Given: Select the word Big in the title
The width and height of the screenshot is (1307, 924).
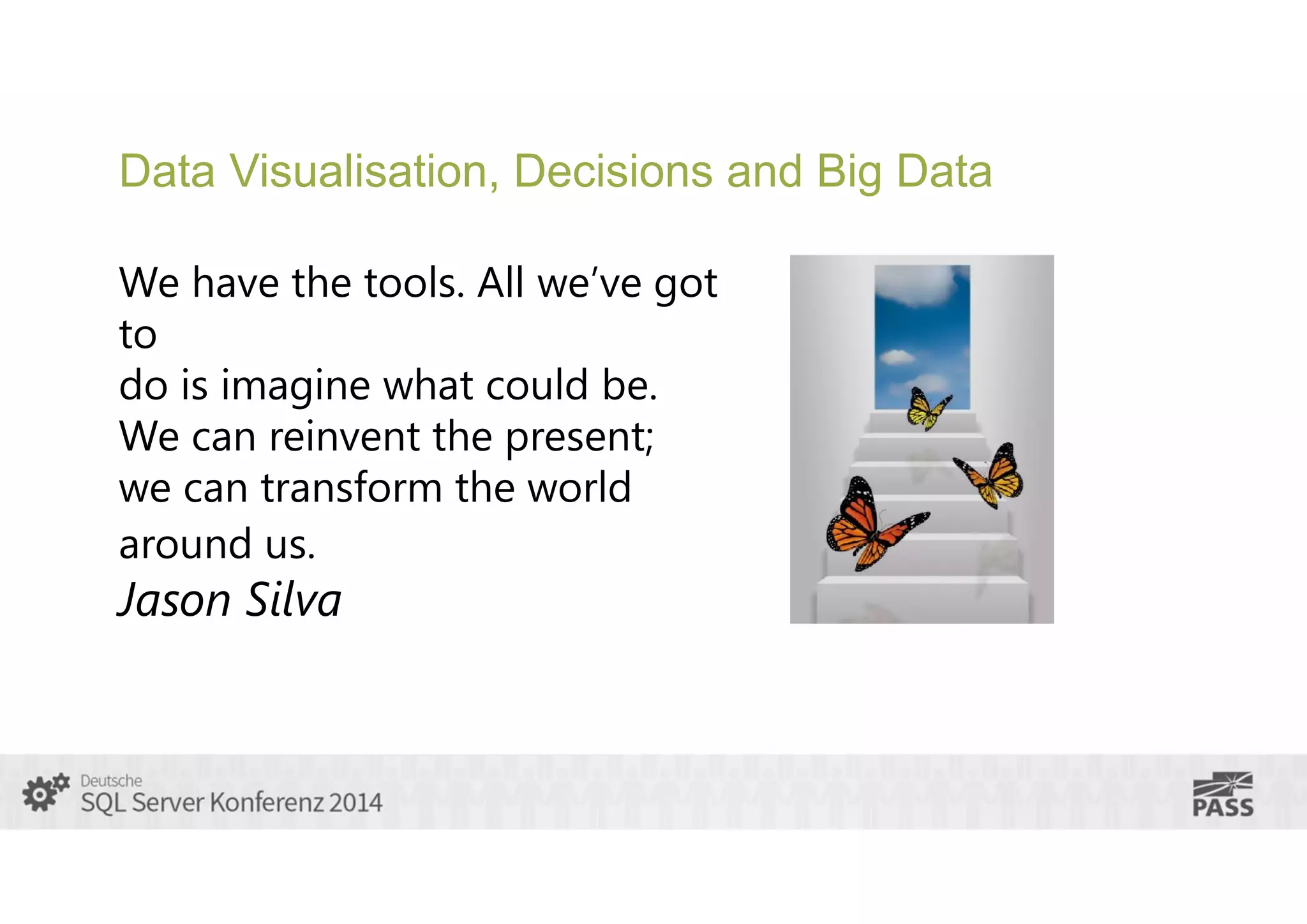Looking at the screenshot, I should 848,172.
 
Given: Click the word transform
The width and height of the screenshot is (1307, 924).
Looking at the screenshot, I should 352,488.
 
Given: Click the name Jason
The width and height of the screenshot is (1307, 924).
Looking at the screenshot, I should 175,600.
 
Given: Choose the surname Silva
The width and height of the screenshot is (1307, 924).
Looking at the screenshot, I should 294,600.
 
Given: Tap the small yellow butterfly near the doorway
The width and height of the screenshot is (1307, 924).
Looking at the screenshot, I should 927,409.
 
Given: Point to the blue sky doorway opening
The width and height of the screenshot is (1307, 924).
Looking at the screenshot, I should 922,325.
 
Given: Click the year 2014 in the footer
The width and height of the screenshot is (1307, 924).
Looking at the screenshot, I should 355,802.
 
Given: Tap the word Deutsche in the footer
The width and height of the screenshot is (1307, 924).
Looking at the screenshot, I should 111,780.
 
